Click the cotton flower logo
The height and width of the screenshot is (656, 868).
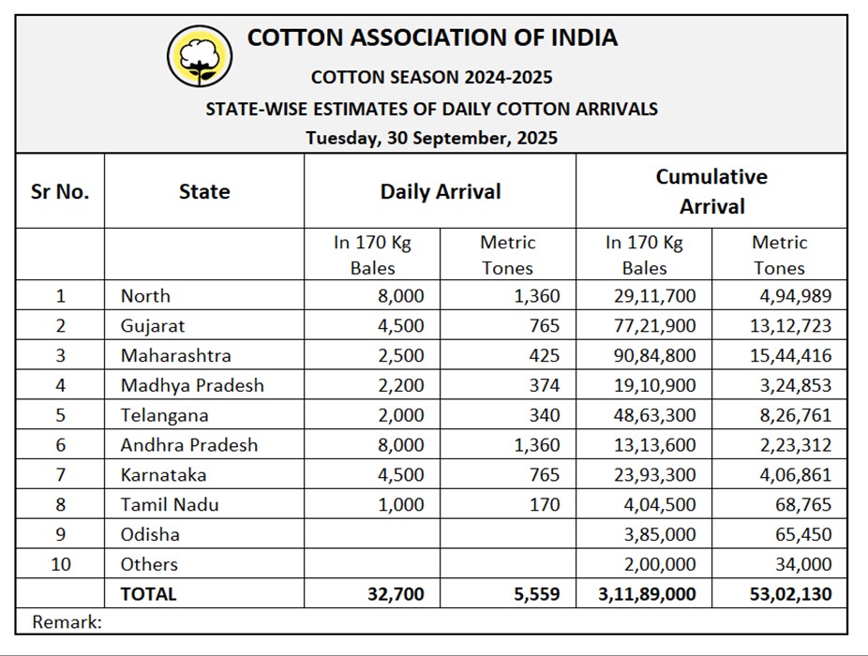pyautogui.click(x=199, y=55)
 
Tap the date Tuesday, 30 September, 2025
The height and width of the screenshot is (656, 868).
pyautogui.click(x=431, y=138)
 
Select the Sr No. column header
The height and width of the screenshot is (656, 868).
pyautogui.click(x=60, y=192)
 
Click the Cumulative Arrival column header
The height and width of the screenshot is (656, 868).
pyautogui.click(x=711, y=191)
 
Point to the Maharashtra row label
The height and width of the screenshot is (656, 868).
pyautogui.click(x=175, y=355)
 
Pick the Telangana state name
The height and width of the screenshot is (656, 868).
pyautogui.click(x=164, y=415)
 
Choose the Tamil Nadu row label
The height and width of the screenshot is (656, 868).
pyautogui.click(x=170, y=504)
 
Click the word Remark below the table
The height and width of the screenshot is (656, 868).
pyautogui.click(x=66, y=620)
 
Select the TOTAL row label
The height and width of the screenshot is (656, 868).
pyautogui.click(x=148, y=593)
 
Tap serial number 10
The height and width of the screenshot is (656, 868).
pyautogui.click(x=60, y=564)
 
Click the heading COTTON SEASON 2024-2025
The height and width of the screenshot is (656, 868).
pyautogui.click(x=431, y=77)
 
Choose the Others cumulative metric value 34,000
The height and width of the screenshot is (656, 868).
pyautogui.click(x=804, y=564)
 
